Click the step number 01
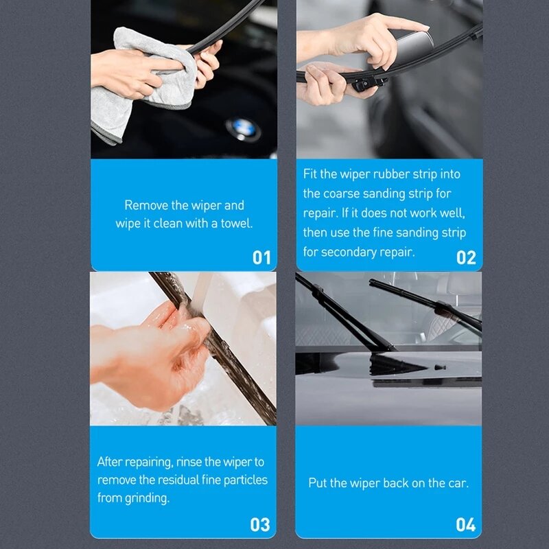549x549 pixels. (x=261, y=257)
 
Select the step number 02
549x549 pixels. (x=466, y=257)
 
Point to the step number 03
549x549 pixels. (x=260, y=525)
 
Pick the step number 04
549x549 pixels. (x=466, y=525)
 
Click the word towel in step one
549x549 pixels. (x=236, y=223)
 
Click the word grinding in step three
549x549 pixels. (x=147, y=498)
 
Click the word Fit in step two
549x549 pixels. (x=311, y=174)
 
